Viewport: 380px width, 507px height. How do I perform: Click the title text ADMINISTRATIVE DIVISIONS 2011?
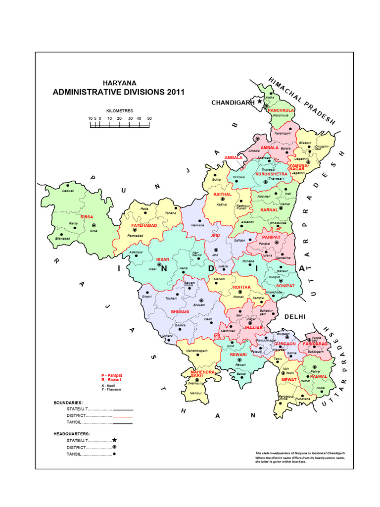(x=118, y=92)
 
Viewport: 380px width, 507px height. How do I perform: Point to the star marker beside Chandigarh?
(x=259, y=101)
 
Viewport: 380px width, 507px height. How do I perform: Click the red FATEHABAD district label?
(x=144, y=225)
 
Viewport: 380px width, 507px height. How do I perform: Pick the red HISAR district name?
(x=163, y=259)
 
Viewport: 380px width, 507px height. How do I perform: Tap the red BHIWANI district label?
(x=180, y=312)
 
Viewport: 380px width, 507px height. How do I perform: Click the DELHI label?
(x=295, y=316)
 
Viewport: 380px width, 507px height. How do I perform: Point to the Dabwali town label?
(x=68, y=191)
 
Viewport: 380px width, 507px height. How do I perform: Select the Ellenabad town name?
(x=63, y=239)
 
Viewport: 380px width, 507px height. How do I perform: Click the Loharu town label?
(x=168, y=336)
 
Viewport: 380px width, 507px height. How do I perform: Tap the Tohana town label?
(x=170, y=214)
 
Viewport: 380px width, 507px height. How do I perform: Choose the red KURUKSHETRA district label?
(x=271, y=174)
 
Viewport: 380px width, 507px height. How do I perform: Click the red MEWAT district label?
(x=288, y=379)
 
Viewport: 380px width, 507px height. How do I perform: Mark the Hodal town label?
(x=321, y=388)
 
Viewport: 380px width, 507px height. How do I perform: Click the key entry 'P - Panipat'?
(x=111, y=375)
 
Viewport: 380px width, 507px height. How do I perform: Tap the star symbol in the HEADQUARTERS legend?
(x=114, y=440)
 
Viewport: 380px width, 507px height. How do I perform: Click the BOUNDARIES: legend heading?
(x=68, y=403)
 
